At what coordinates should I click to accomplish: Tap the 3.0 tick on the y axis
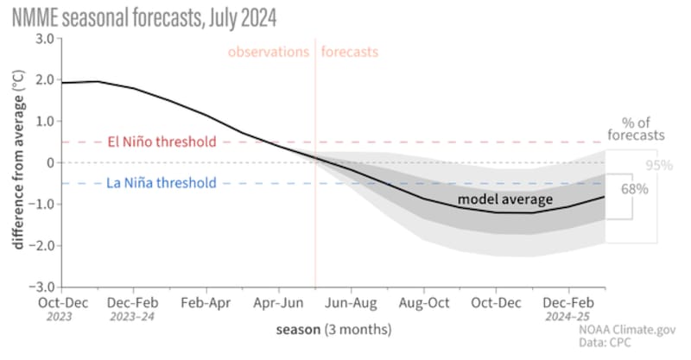click(45, 39)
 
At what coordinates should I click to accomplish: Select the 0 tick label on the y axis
click(51, 162)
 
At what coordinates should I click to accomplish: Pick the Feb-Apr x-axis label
click(206, 303)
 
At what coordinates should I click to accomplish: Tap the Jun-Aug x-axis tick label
click(351, 303)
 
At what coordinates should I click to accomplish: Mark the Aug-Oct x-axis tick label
click(424, 303)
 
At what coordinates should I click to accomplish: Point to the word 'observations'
click(268, 52)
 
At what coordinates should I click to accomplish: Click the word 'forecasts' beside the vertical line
click(350, 52)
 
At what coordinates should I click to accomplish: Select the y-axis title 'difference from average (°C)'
click(18, 162)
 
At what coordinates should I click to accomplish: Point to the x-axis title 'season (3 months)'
click(333, 329)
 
